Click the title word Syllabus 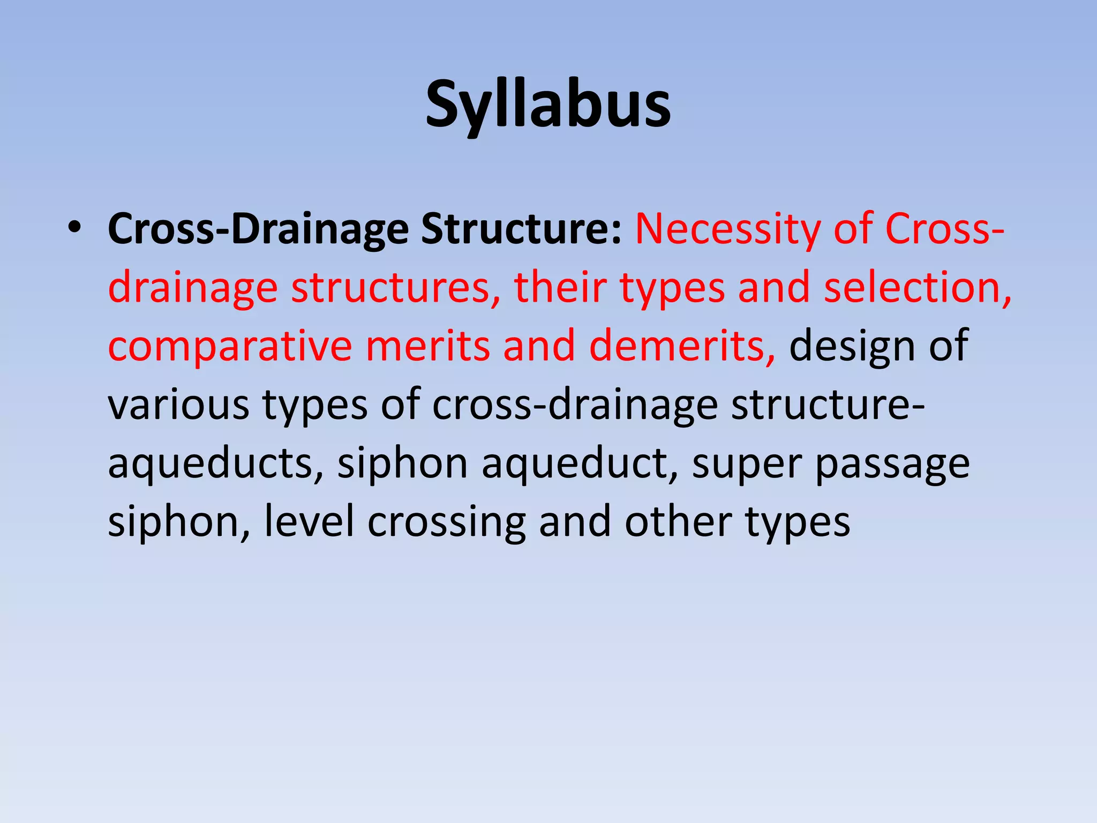(x=547, y=105)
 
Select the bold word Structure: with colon (x=521, y=229)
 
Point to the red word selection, (x=917, y=288)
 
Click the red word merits (x=427, y=346)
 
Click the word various (x=178, y=405)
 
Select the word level (x=309, y=522)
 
